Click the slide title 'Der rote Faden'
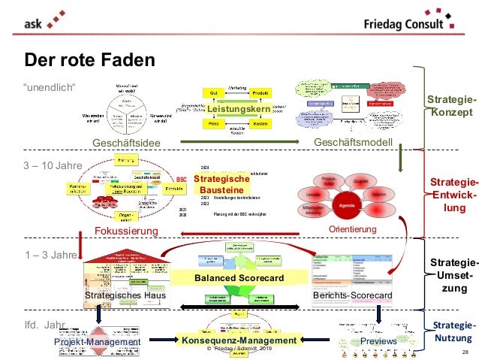[90, 59]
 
